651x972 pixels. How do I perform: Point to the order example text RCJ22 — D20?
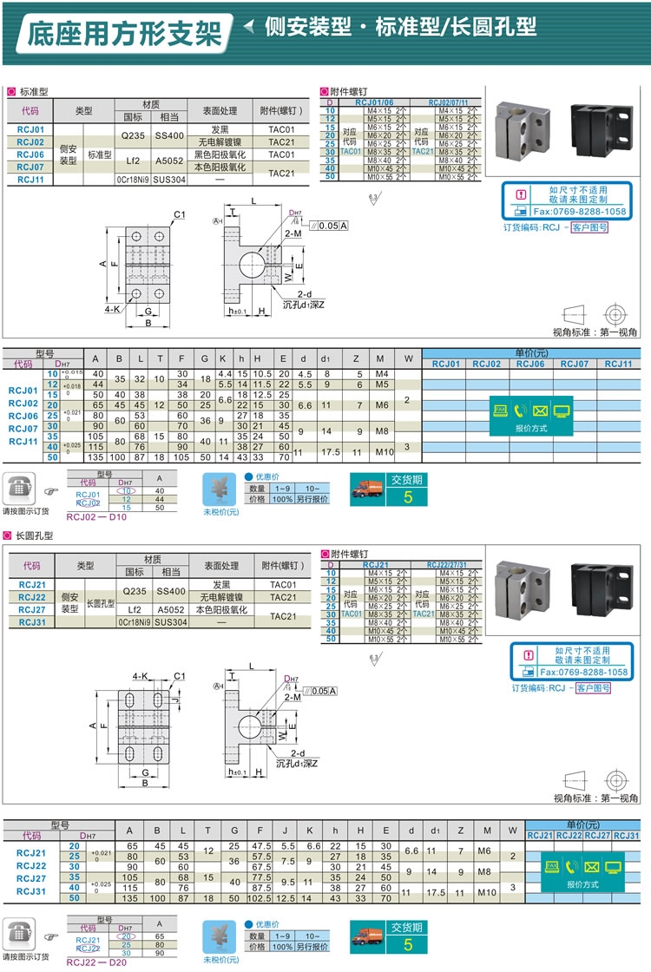tap(96, 961)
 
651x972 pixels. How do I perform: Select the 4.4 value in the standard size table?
tap(225, 373)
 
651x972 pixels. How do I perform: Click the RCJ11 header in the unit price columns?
tap(618, 364)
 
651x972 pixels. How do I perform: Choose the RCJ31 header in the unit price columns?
tap(626, 835)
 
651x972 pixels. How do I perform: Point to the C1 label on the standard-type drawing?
tap(180, 214)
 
